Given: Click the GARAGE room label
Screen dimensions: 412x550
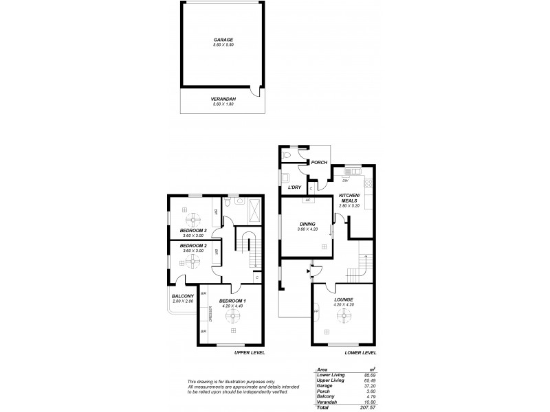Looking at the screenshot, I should point(223,40).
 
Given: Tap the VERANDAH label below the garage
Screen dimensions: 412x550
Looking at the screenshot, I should point(223,99).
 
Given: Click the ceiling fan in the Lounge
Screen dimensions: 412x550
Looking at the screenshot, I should point(343,316).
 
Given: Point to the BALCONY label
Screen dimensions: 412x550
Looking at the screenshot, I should point(182,297).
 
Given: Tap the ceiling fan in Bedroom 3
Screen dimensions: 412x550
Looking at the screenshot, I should point(192,213).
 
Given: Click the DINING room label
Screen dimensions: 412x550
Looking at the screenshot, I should point(306,224).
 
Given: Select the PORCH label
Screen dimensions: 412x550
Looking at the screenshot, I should point(319,163).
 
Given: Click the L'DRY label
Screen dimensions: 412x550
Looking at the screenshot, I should point(295,187).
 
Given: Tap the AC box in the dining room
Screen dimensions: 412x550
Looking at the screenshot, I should point(308,200).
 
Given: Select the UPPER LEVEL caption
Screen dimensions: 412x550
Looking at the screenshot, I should point(250,352).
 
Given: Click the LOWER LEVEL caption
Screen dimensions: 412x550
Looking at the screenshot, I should point(360,352).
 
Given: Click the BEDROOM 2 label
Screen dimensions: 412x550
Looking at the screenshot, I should point(193,245).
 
